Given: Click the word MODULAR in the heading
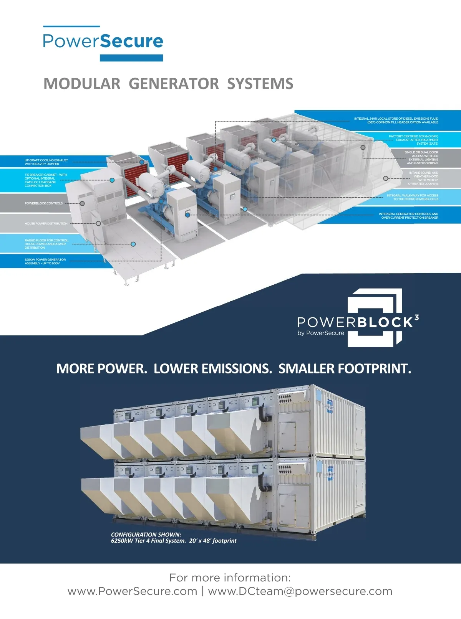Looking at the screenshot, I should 82,84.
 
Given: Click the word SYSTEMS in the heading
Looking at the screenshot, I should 260,84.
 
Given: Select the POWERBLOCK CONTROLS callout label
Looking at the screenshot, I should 43,203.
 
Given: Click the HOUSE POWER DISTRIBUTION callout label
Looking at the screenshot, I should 46,223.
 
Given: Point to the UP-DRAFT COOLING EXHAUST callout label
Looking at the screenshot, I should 46,162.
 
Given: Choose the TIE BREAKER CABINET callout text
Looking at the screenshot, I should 46,180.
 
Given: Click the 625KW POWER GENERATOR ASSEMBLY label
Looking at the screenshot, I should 45,261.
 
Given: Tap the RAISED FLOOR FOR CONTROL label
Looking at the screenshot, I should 46,244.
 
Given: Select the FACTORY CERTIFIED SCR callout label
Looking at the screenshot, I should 413,140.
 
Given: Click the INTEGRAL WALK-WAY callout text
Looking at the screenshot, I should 412,197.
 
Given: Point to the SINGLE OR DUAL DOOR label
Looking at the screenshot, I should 422,158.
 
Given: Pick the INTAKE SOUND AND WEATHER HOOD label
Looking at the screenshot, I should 423,178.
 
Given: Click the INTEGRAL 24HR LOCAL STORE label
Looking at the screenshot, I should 396,120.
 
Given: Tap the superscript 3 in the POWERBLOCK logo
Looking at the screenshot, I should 416,318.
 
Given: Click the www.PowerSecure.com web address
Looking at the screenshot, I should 132,591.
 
